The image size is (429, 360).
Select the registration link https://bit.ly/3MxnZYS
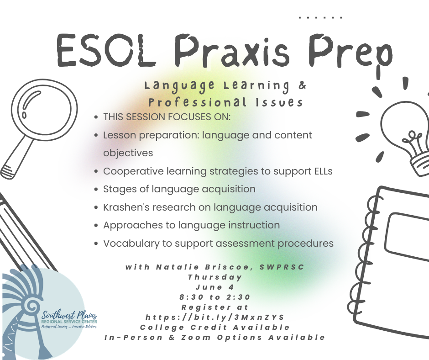(215, 317)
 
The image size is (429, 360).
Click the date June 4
(215, 287)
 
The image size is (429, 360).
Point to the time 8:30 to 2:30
(215, 297)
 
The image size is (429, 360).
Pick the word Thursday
(215, 277)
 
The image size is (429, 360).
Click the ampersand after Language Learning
(301, 85)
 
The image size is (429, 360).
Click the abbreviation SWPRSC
(283, 267)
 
